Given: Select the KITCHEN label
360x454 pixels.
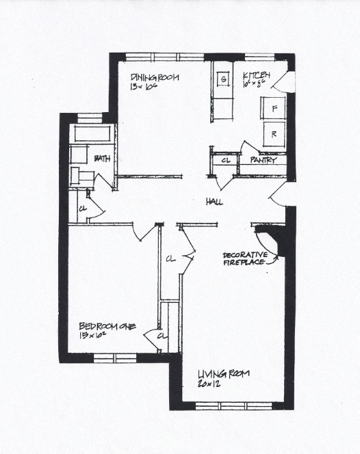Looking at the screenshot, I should coord(257,75).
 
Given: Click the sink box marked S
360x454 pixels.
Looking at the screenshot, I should coord(223,79).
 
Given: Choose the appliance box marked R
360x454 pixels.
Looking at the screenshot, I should coord(274,134).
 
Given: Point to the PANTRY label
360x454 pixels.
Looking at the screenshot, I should coord(263,160).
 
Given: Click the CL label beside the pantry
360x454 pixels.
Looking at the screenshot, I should coord(225,161).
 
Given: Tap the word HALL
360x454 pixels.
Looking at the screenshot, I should coord(215,202).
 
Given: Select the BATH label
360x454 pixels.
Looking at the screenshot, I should coord(103,159).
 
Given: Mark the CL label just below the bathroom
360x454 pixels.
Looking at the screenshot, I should coord(82,208).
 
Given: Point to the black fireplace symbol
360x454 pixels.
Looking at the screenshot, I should coord(271,241).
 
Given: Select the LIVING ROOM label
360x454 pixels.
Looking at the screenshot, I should coord(223,373).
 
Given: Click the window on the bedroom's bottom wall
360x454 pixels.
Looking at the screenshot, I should coord(114,358).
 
